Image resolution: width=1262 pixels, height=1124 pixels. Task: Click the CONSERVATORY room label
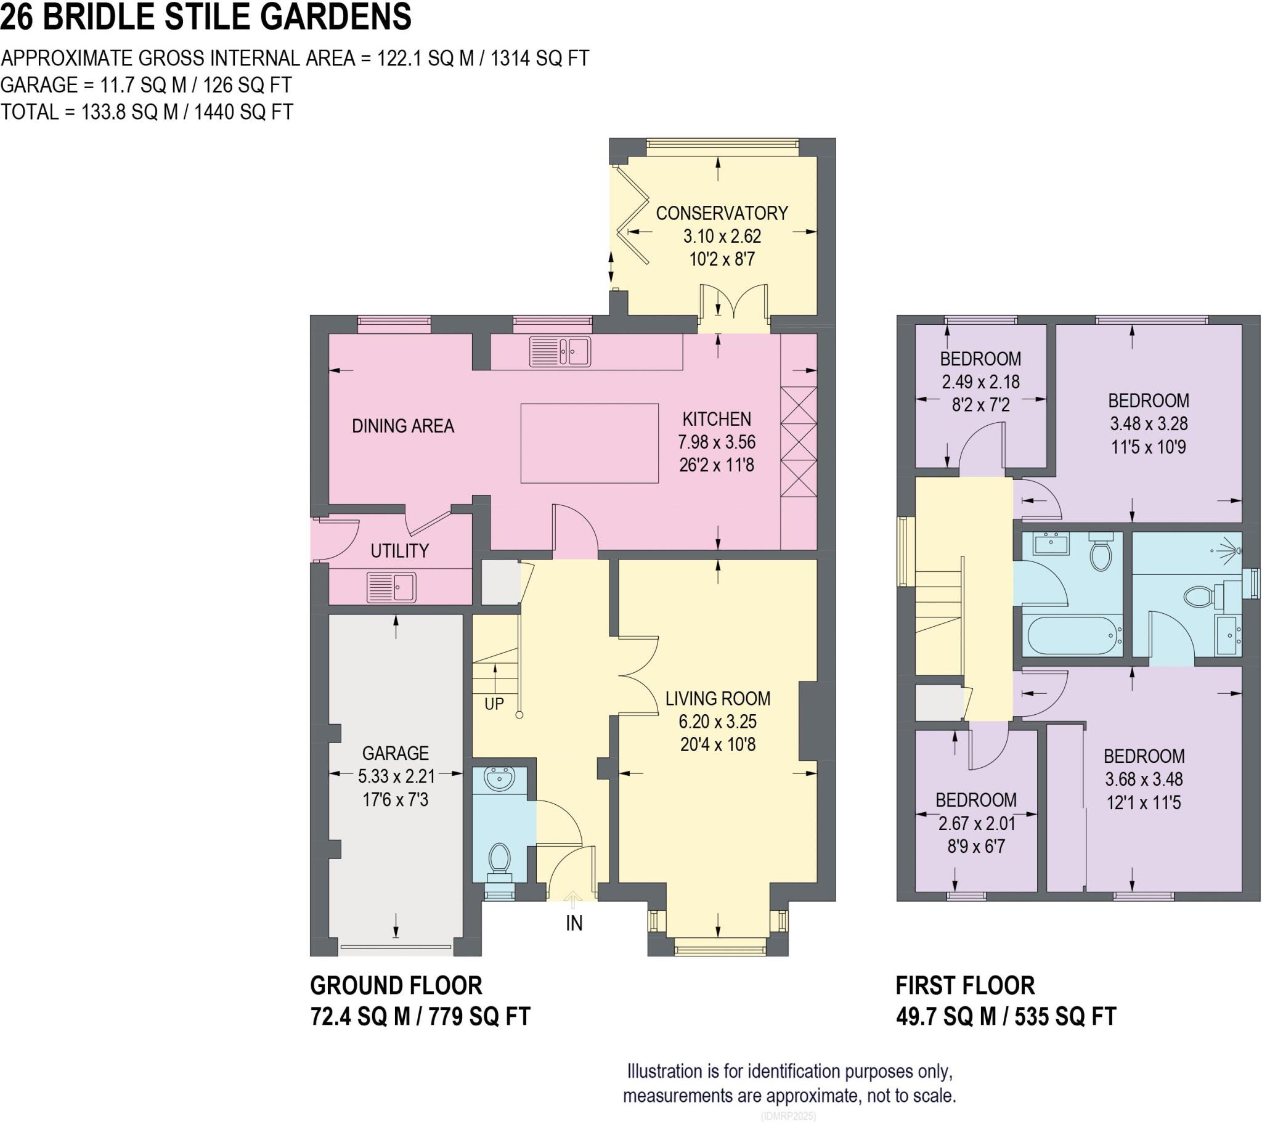[x=721, y=213]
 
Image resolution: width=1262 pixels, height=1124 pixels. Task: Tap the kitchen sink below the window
[x=560, y=351]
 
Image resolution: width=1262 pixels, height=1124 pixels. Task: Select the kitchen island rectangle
[x=589, y=443]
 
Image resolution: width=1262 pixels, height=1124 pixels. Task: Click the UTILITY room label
[x=399, y=550]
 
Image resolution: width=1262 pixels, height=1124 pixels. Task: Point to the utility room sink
[x=391, y=587]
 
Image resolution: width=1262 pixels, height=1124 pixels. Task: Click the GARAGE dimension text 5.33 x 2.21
[x=396, y=776]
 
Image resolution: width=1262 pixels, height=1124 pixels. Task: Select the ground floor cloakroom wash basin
[x=500, y=779]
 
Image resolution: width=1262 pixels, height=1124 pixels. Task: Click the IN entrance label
[x=574, y=923]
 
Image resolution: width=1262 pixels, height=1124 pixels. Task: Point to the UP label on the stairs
[x=494, y=704]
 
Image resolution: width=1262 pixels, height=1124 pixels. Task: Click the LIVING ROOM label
[x=717, y=698]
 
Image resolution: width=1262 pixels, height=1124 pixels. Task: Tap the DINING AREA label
[x=402, y=426]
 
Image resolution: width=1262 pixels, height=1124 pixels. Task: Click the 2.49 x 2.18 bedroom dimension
[x=980, y=381]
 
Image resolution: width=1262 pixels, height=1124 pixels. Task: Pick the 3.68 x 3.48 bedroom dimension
[x=1144, y=779]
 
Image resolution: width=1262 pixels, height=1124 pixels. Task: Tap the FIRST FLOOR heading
[x=965, y=985]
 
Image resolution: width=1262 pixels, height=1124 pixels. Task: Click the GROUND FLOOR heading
[x=396, y=985]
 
